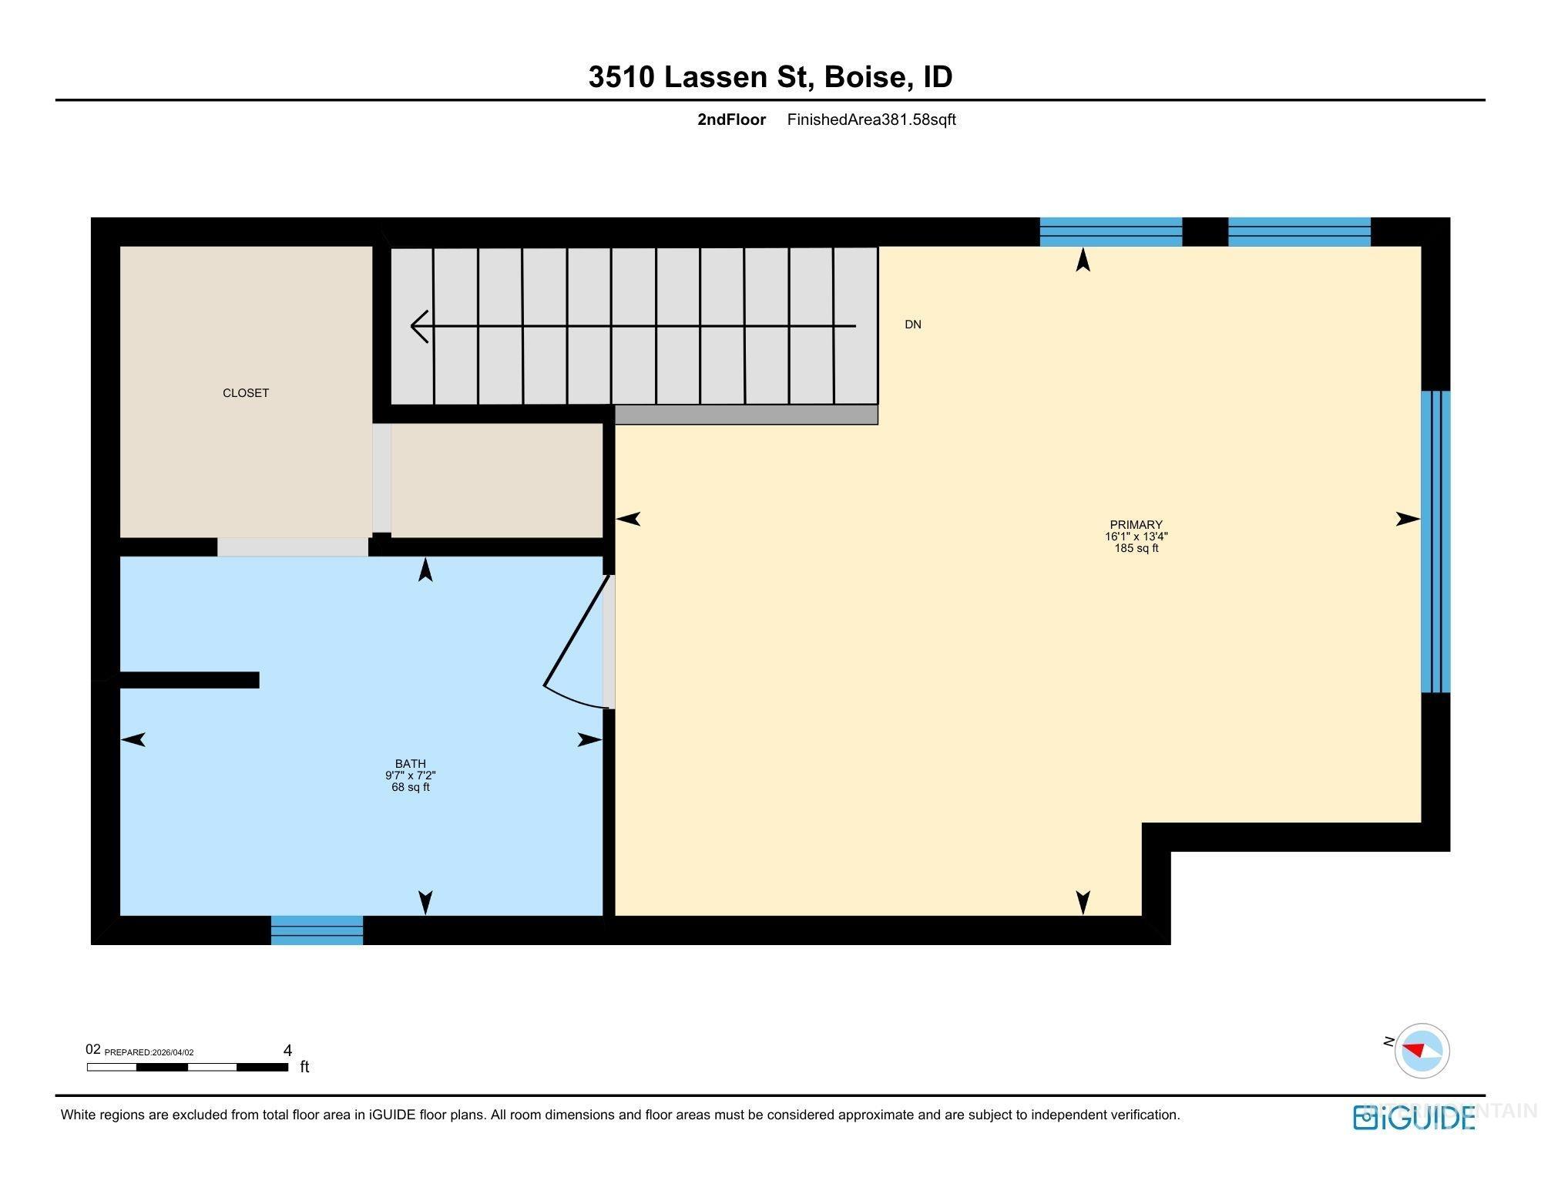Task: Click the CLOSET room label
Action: tap(246, 393)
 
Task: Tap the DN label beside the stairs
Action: tap(913, 325)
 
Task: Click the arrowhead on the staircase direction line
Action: tap(419, 326)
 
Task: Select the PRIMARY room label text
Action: tap(1136, 525)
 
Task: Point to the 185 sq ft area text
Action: tap(1136, 549)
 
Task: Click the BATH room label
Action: tap(410, 764)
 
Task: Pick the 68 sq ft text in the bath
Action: tap(410, 788)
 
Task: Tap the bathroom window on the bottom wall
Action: tap(317, 930)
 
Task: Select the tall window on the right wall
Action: tap(1435, 541)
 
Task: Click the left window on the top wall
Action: tap(1110, 231)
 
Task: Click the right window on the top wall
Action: tap(1299, 231)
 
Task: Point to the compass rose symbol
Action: tap(1422, 1051)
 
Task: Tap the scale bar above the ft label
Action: tap(187, 1067)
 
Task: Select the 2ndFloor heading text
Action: tap(731, 119)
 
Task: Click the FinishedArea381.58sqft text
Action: tap(871, 119)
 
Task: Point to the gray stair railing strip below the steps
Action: tap(746, 415)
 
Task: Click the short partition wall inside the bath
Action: tap(189, 680)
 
